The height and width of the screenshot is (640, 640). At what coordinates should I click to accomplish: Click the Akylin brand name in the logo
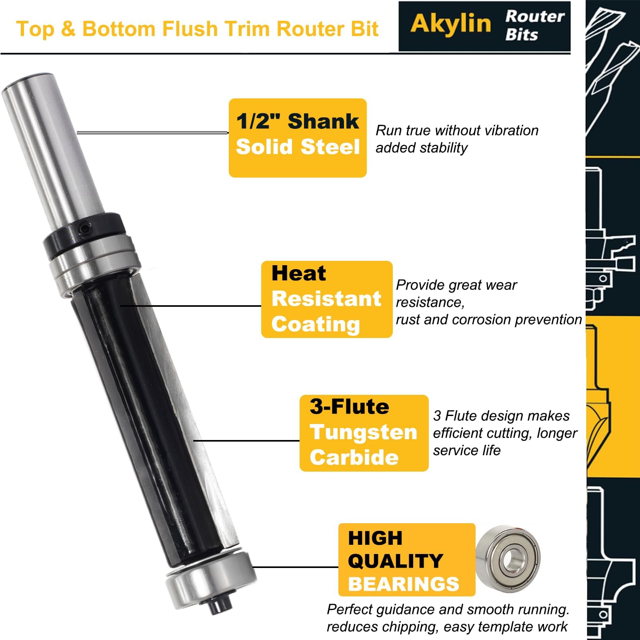[451, 23]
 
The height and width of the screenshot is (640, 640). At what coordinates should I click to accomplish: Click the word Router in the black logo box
[535, 16]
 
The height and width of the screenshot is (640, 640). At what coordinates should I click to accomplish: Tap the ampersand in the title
[68, 29]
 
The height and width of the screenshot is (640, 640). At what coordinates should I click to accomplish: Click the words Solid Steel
[298, 146]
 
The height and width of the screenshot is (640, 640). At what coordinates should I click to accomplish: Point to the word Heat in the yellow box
[298, 274]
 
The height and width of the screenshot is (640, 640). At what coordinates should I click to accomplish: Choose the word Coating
[316, 324]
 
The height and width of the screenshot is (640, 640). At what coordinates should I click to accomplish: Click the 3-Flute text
[349, 407]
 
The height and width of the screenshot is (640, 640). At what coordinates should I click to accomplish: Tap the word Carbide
[354, 457]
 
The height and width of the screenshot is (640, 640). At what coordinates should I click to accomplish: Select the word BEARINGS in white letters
[404, 584]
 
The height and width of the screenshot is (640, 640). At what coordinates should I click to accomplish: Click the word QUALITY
[396, 561]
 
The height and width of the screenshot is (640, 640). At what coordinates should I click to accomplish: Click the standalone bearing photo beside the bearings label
[508, 557]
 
